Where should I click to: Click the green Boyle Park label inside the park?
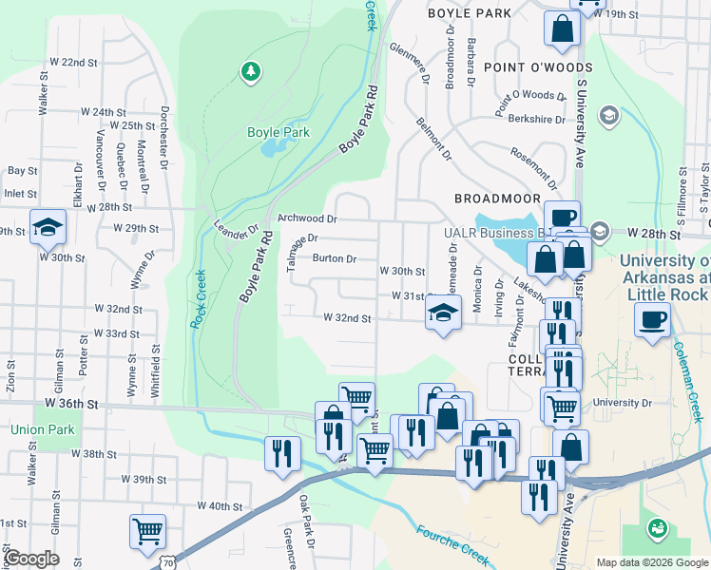[x=279, y=133]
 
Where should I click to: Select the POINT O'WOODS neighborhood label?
[x=537, y=67]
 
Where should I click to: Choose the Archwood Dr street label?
[x=307, y=218]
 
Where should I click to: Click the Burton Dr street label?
[x=335, y=258]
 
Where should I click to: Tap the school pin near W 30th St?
[x=47, y=227]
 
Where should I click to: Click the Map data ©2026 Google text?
[x=651, y=562]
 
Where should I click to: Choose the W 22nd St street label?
[x=79, y=62]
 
